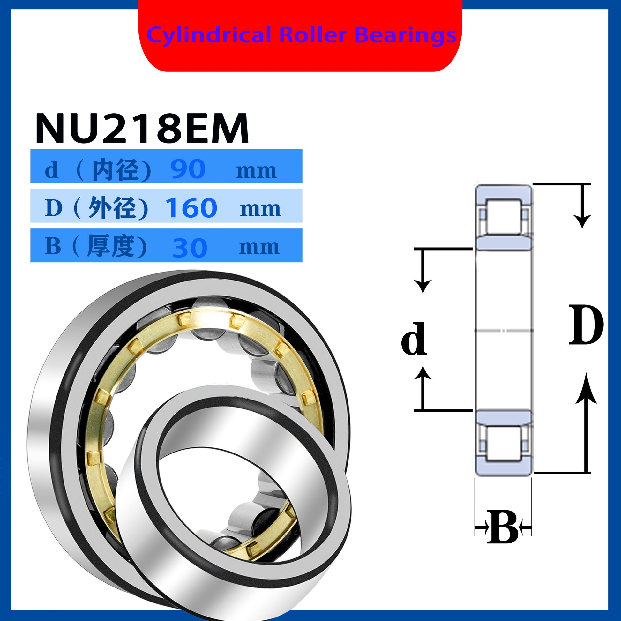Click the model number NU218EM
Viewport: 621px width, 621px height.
click(x=142, y=128)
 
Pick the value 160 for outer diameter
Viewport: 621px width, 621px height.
click(x=191, y=208)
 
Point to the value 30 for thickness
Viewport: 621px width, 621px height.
click(x=190, y=248)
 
